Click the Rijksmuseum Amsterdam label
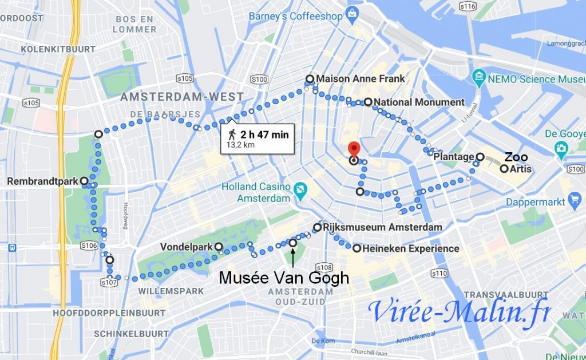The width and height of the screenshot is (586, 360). (382, 227)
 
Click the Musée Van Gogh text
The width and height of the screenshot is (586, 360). (284, 278)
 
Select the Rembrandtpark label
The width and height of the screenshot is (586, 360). (42, 181)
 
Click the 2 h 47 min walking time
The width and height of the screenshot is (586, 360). (264, 134)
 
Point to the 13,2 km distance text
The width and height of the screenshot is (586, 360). (240, 145)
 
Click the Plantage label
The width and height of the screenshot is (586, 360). (453, 157)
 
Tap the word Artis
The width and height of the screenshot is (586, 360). (521, 169)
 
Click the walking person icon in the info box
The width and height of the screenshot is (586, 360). (232, 134)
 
